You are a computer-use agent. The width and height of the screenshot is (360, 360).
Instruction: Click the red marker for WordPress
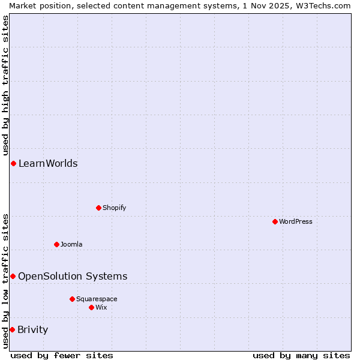[275, 221]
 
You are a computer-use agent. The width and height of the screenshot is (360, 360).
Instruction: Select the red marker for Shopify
[98, 208]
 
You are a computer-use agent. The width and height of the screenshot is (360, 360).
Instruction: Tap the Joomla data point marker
[56, 244]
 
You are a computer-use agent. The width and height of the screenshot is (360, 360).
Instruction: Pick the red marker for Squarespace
[72, 299]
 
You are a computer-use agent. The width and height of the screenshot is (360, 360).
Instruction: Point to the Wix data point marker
[91, 307]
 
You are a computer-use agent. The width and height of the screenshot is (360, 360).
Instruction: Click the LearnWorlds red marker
[13, 163]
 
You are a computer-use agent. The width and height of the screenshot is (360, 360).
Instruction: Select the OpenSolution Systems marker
[13, 276]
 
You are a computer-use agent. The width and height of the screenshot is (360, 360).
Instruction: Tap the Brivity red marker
[12, 329]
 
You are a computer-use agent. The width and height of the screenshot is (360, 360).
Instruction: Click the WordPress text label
[296, 221]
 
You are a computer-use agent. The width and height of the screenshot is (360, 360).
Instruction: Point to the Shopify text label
[115, 208]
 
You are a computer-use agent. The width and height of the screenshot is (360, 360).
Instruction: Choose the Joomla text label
[71, 244]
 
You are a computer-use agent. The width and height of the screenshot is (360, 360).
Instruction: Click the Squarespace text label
[97, 299]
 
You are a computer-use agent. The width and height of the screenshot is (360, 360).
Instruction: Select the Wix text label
[101, 307]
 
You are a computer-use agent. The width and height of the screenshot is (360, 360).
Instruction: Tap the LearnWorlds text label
[48, 163]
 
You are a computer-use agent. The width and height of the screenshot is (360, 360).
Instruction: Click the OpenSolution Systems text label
[73, 276]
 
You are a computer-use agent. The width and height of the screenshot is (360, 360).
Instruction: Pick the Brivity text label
[33, 329]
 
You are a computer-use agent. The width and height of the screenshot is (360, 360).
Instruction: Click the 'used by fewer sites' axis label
[62, 355]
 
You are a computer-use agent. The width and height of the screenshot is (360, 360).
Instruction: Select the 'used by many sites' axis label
[301, 355]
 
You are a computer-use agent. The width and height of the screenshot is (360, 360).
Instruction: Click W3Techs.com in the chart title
[323, 5]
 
